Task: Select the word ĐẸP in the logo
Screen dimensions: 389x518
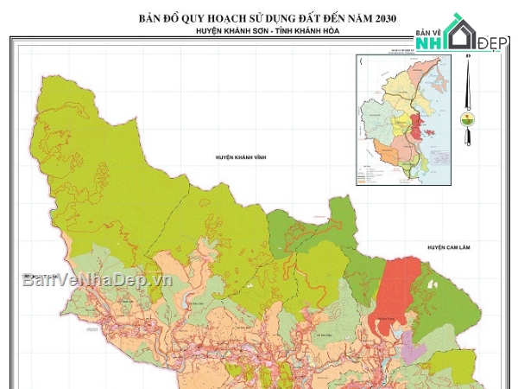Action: (495, 42)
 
